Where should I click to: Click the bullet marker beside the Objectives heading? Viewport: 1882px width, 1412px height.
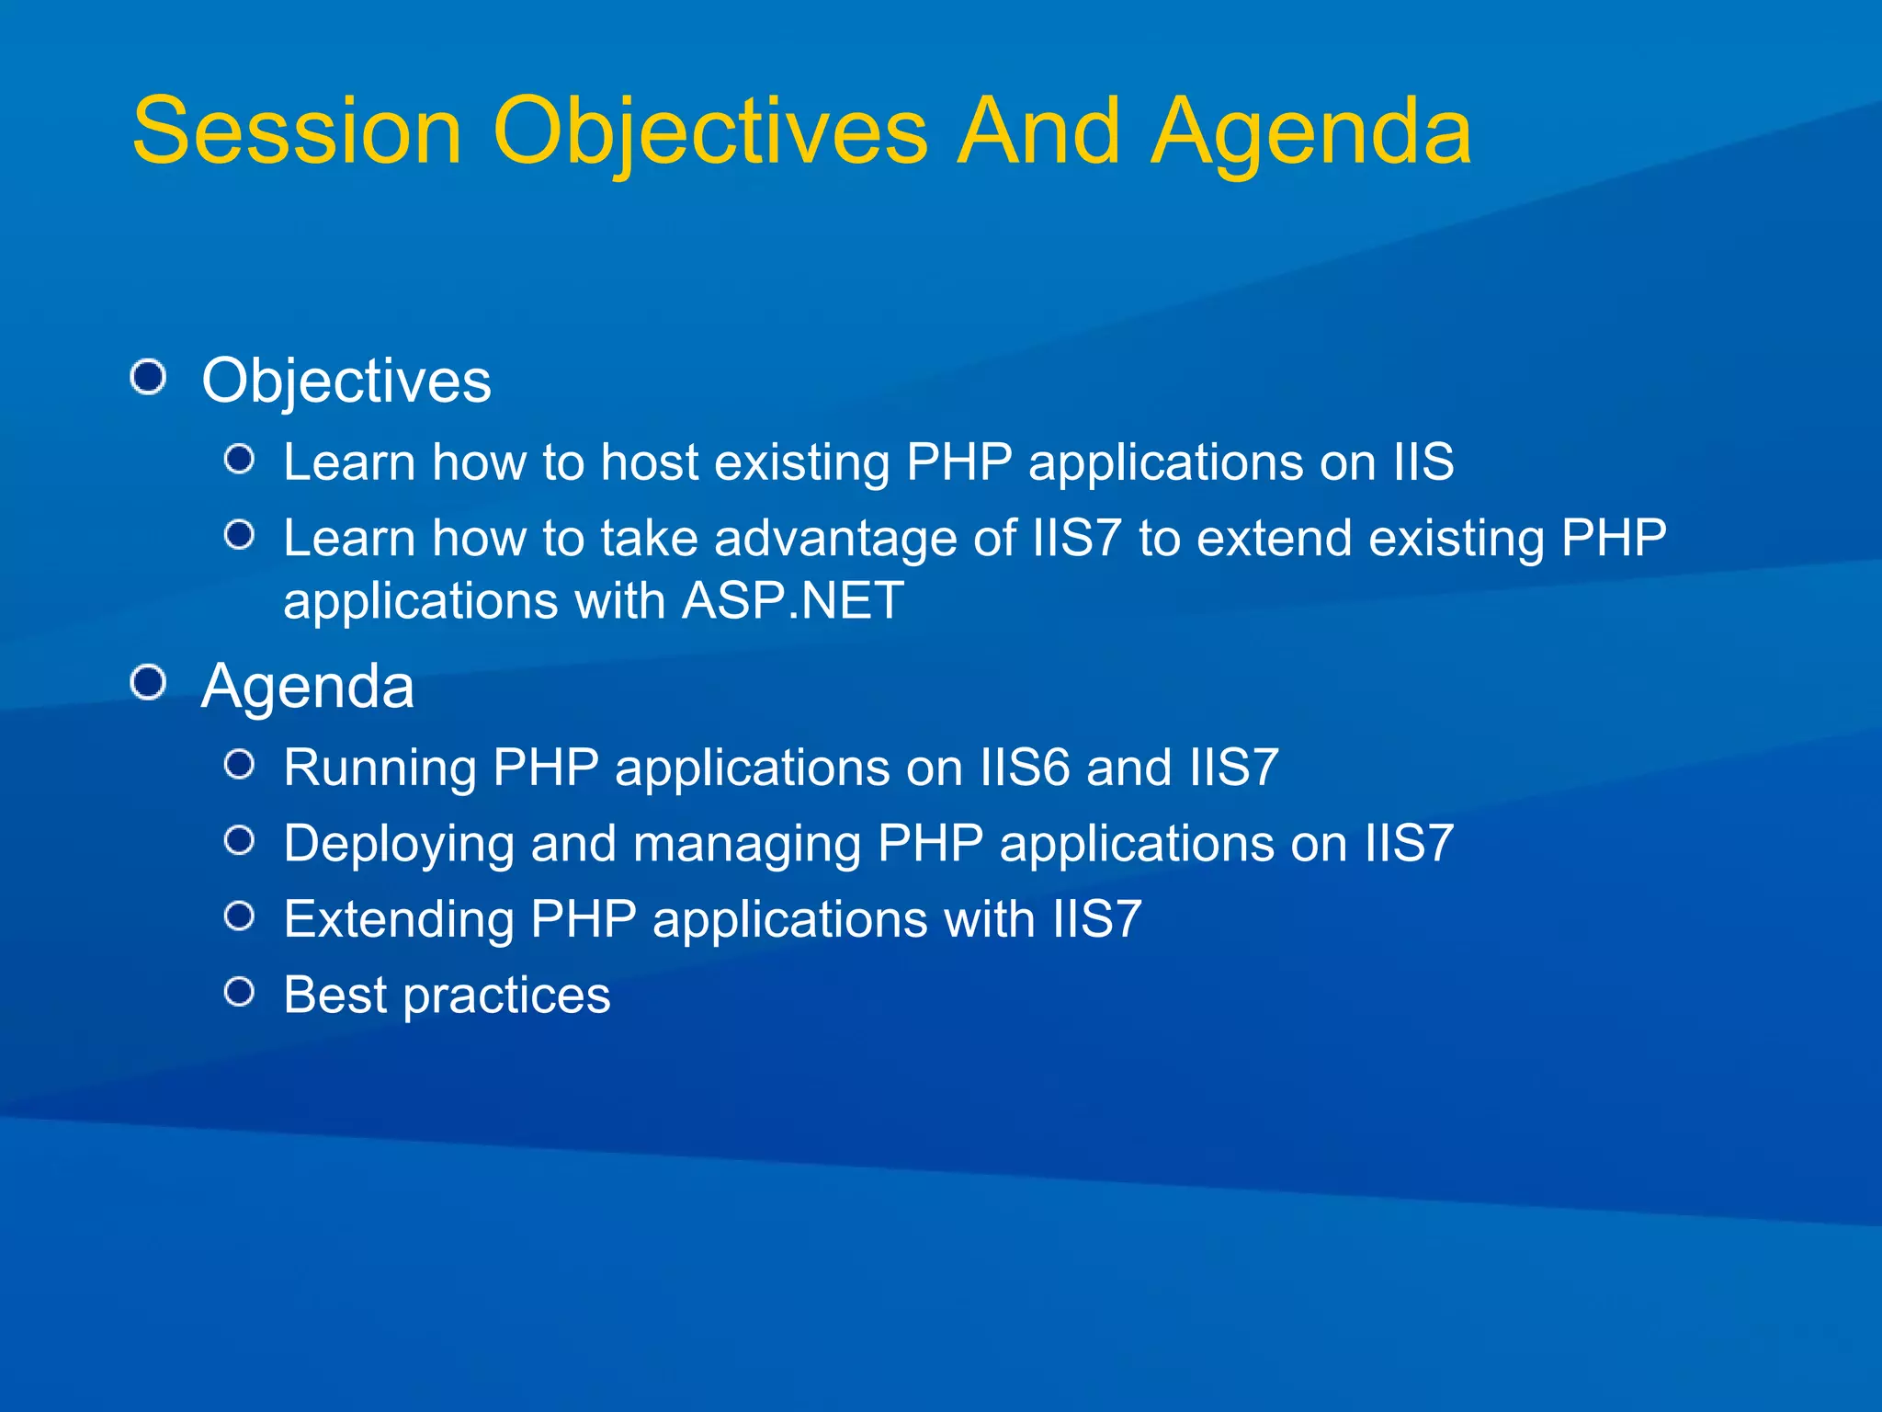click(x=148, y=377)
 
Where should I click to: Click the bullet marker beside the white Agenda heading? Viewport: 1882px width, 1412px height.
click(x=148, y=683)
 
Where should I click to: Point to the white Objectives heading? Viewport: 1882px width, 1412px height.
click(x=346, y=381)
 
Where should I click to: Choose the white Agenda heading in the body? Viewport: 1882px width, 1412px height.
click(x=308, y=687)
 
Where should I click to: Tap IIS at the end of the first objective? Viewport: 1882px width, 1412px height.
click(x=1423, y=461)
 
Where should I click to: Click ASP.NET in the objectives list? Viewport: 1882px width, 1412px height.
click(x=793, y=601)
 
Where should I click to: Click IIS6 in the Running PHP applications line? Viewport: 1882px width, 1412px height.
click(x=1026, y=768)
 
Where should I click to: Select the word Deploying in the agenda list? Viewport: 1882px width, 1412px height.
click(x=399, y=844)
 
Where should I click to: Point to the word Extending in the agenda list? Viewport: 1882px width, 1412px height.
click(x=399, y=919)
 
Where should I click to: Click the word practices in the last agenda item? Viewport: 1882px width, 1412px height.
click(x=506, y=996)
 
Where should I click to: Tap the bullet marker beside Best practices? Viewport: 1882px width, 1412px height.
click(x=240, y=992)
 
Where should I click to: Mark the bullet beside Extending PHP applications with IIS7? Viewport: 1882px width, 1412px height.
click(x=240, y=916)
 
